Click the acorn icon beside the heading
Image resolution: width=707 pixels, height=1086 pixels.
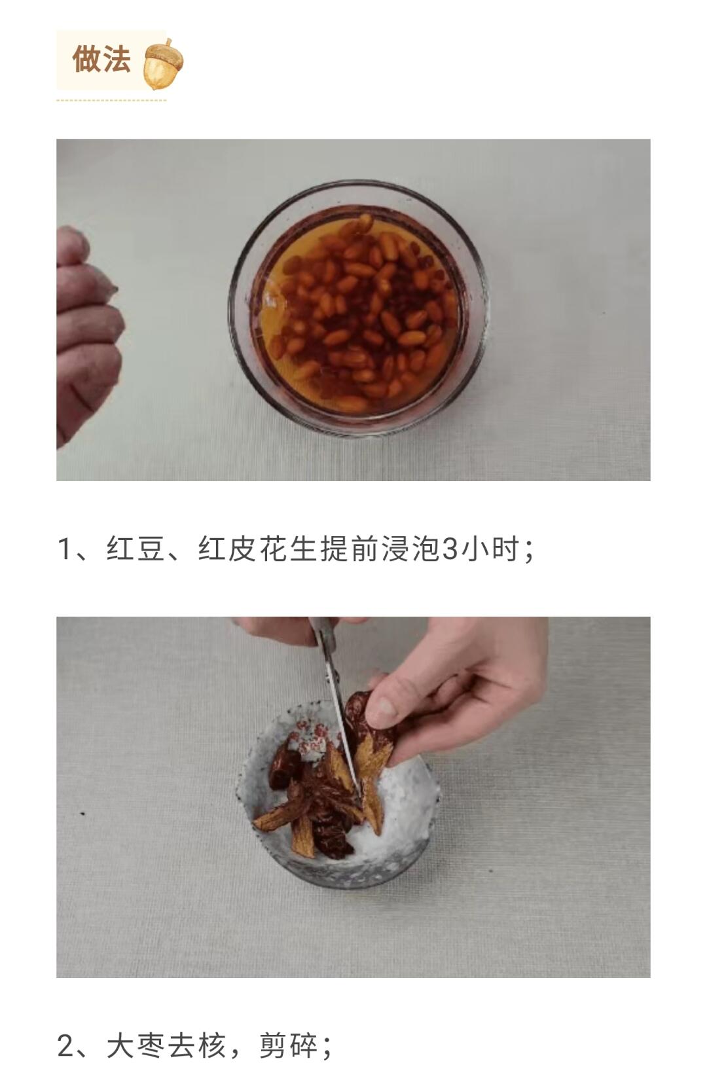coord(164,63)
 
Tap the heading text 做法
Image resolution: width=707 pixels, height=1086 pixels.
coord(101,60)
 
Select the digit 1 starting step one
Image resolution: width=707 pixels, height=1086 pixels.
coord(64,549)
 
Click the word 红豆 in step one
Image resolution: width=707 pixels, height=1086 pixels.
coord(136,549)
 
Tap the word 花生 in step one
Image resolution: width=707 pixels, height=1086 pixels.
coord(288,549)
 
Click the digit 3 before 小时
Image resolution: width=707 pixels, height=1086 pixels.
coord(450,549)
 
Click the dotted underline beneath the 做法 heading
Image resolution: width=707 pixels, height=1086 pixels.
coord(111,100)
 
